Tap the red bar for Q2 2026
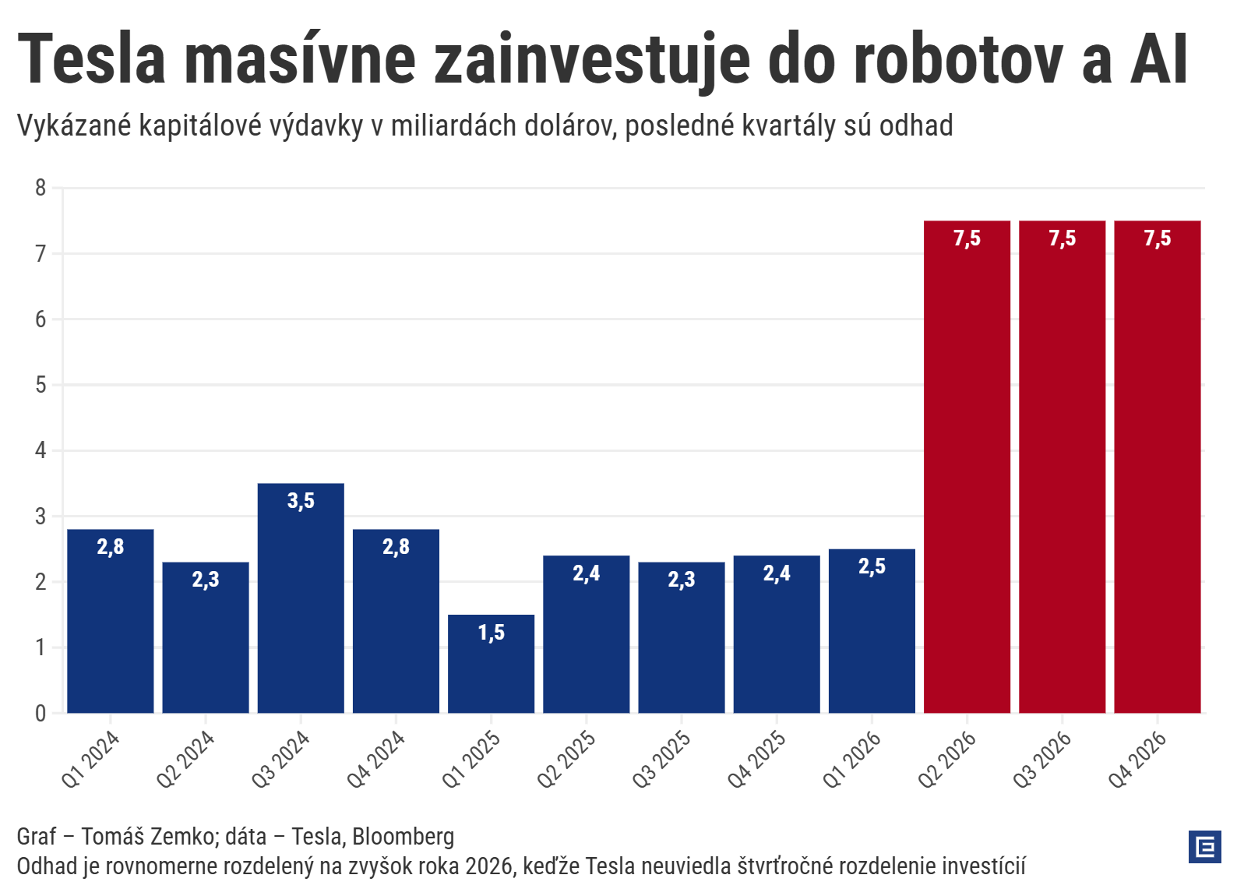tap(967, 467)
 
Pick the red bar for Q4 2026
tap(1157, 467)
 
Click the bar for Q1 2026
tap(872, 631)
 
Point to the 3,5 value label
tap(301, 501)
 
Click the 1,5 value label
tap(491, 633)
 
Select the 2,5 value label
tap(872, 566)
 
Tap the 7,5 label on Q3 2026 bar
tap(1062, 238)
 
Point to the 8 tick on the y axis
tap(41, 188)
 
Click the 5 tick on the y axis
tap(41, 385)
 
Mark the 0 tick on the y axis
tap(41, 713)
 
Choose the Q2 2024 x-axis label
tap(185, 759)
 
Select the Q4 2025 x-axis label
tap(756, 759)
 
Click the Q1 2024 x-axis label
tap(90, 759)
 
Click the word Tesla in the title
tap(92, 59)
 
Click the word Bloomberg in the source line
tap(403, 836)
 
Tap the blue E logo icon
tap(1204, 847)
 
